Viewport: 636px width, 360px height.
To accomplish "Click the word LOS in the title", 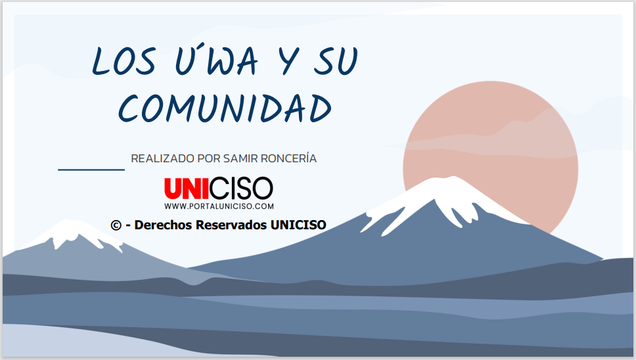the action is point(124,61).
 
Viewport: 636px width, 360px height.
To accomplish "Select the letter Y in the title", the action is point(290,61).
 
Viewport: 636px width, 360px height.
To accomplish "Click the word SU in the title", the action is point(336,61).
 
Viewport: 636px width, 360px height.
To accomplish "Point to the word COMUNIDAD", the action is point(225,108).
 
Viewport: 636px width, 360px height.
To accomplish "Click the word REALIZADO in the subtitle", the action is point(163,158).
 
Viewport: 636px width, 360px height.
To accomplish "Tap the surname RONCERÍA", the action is point(288,158).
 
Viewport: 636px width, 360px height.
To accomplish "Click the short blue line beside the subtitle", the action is point(91,169).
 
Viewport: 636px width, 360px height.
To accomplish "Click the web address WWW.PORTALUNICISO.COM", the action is point(219,206).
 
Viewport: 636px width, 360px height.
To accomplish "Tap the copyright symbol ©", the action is point(116,225).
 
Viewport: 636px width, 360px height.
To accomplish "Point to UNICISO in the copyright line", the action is point(298,225).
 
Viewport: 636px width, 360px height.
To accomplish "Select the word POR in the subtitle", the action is point(209,158).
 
